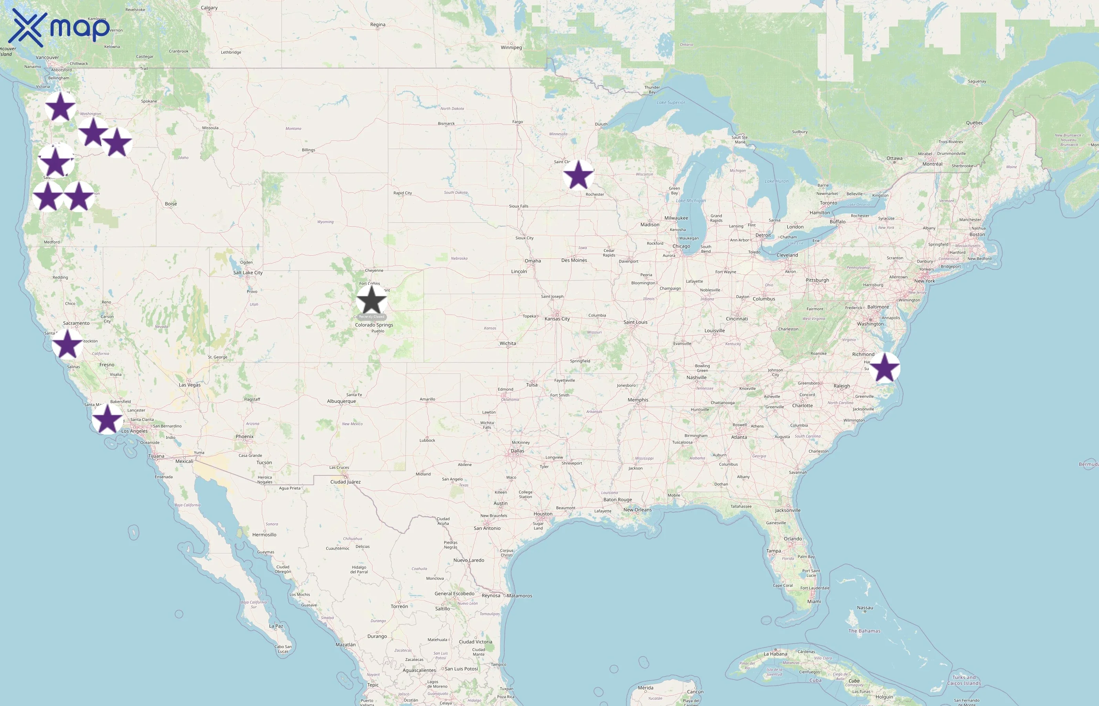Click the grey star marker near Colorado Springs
coord(372,301)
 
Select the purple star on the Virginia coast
coord(884,368)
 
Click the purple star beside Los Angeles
coord(107,419)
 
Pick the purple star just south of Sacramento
coord(68,344)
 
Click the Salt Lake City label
coord(248,273)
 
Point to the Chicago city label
coord(681,246)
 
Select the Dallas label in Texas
coord(517,451)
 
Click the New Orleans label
coord(637,510)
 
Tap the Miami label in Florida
coord(814,602)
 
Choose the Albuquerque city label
coord(341,401)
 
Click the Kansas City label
coord(557,318)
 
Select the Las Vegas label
coord(190,385)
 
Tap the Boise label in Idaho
coord(171,204)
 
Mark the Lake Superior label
coord(671,103)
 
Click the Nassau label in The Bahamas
coord(865,608)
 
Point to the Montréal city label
coord(932,164)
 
